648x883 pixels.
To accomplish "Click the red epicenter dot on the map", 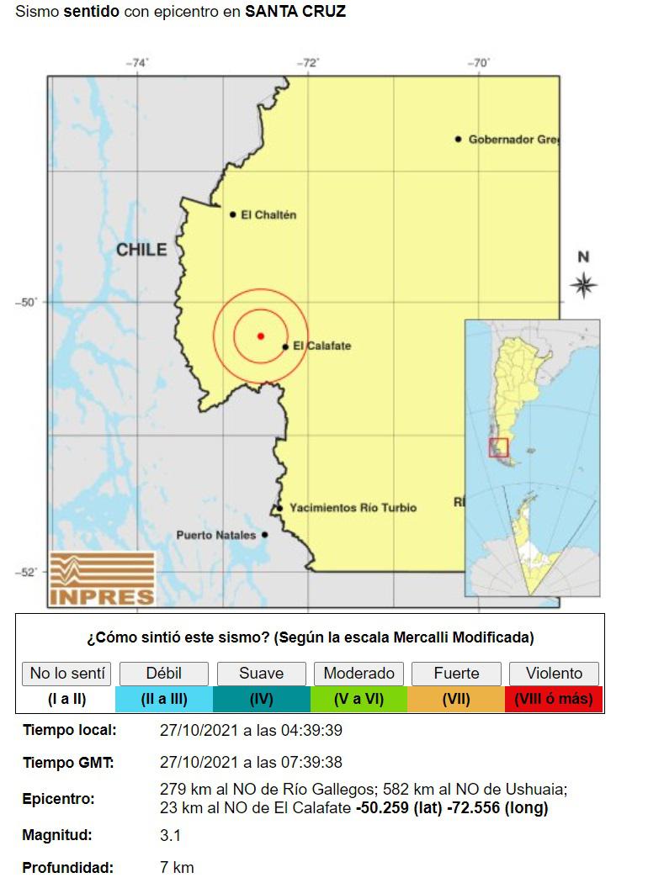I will coord(261,336).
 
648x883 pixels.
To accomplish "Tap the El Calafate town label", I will coord(321,346).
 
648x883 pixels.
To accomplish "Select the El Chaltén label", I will coord(268,214).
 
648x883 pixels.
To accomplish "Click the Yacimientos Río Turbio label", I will coord(353,508).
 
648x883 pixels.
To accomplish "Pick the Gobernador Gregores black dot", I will coord(459,139).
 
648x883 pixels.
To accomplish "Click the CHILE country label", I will coord(141,250).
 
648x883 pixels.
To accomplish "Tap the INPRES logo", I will coord(103,579).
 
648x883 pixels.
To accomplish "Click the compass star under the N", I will coord(583,284).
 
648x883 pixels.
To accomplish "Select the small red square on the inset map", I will coord(499,447).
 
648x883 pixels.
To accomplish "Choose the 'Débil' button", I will coord(163,673).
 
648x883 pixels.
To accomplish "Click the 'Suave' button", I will coord(261,673).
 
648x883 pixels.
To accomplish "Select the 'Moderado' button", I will coord(359,673).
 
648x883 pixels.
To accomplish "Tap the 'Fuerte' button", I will coord(456,673).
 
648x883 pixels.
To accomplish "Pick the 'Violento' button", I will coord(554,673).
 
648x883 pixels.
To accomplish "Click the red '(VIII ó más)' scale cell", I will coord(554,699).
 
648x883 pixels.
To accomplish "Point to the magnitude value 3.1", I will coord(170,835).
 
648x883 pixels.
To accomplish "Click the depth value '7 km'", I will coord(177,867).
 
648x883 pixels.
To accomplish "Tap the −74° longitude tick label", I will coord(137,63).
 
